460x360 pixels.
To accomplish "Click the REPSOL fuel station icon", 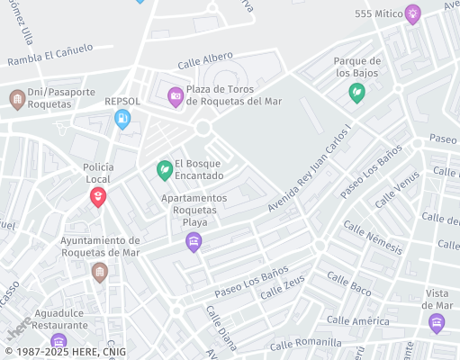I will click(122, 119).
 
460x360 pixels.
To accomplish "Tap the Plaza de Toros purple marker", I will click(176, 95).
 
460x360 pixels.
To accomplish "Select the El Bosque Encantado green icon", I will click(164, 169).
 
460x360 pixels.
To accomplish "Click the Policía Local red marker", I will click(97, 197).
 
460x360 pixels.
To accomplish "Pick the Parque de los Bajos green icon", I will click(357, 93).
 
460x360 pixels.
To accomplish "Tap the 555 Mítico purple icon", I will click(412, 13).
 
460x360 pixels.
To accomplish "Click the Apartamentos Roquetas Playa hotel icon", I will click(193, 241).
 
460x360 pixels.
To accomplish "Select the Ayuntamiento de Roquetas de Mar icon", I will click(100, 272).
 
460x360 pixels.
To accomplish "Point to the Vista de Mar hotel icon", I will click(437, 324).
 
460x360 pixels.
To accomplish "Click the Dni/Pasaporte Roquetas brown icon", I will click(16, 98).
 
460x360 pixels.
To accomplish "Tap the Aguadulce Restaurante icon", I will click(59, 342).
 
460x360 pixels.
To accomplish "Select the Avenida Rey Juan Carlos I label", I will click(308, 168).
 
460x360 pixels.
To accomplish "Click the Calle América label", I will click(358, 320).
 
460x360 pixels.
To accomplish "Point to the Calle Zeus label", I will click(282, 290).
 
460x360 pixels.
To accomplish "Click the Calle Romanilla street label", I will click(309, 342).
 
